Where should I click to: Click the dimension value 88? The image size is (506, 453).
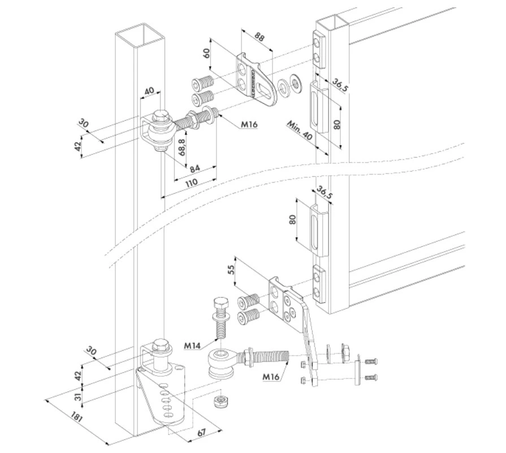(259, 38)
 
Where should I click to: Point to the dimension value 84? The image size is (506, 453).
(194, 168)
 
